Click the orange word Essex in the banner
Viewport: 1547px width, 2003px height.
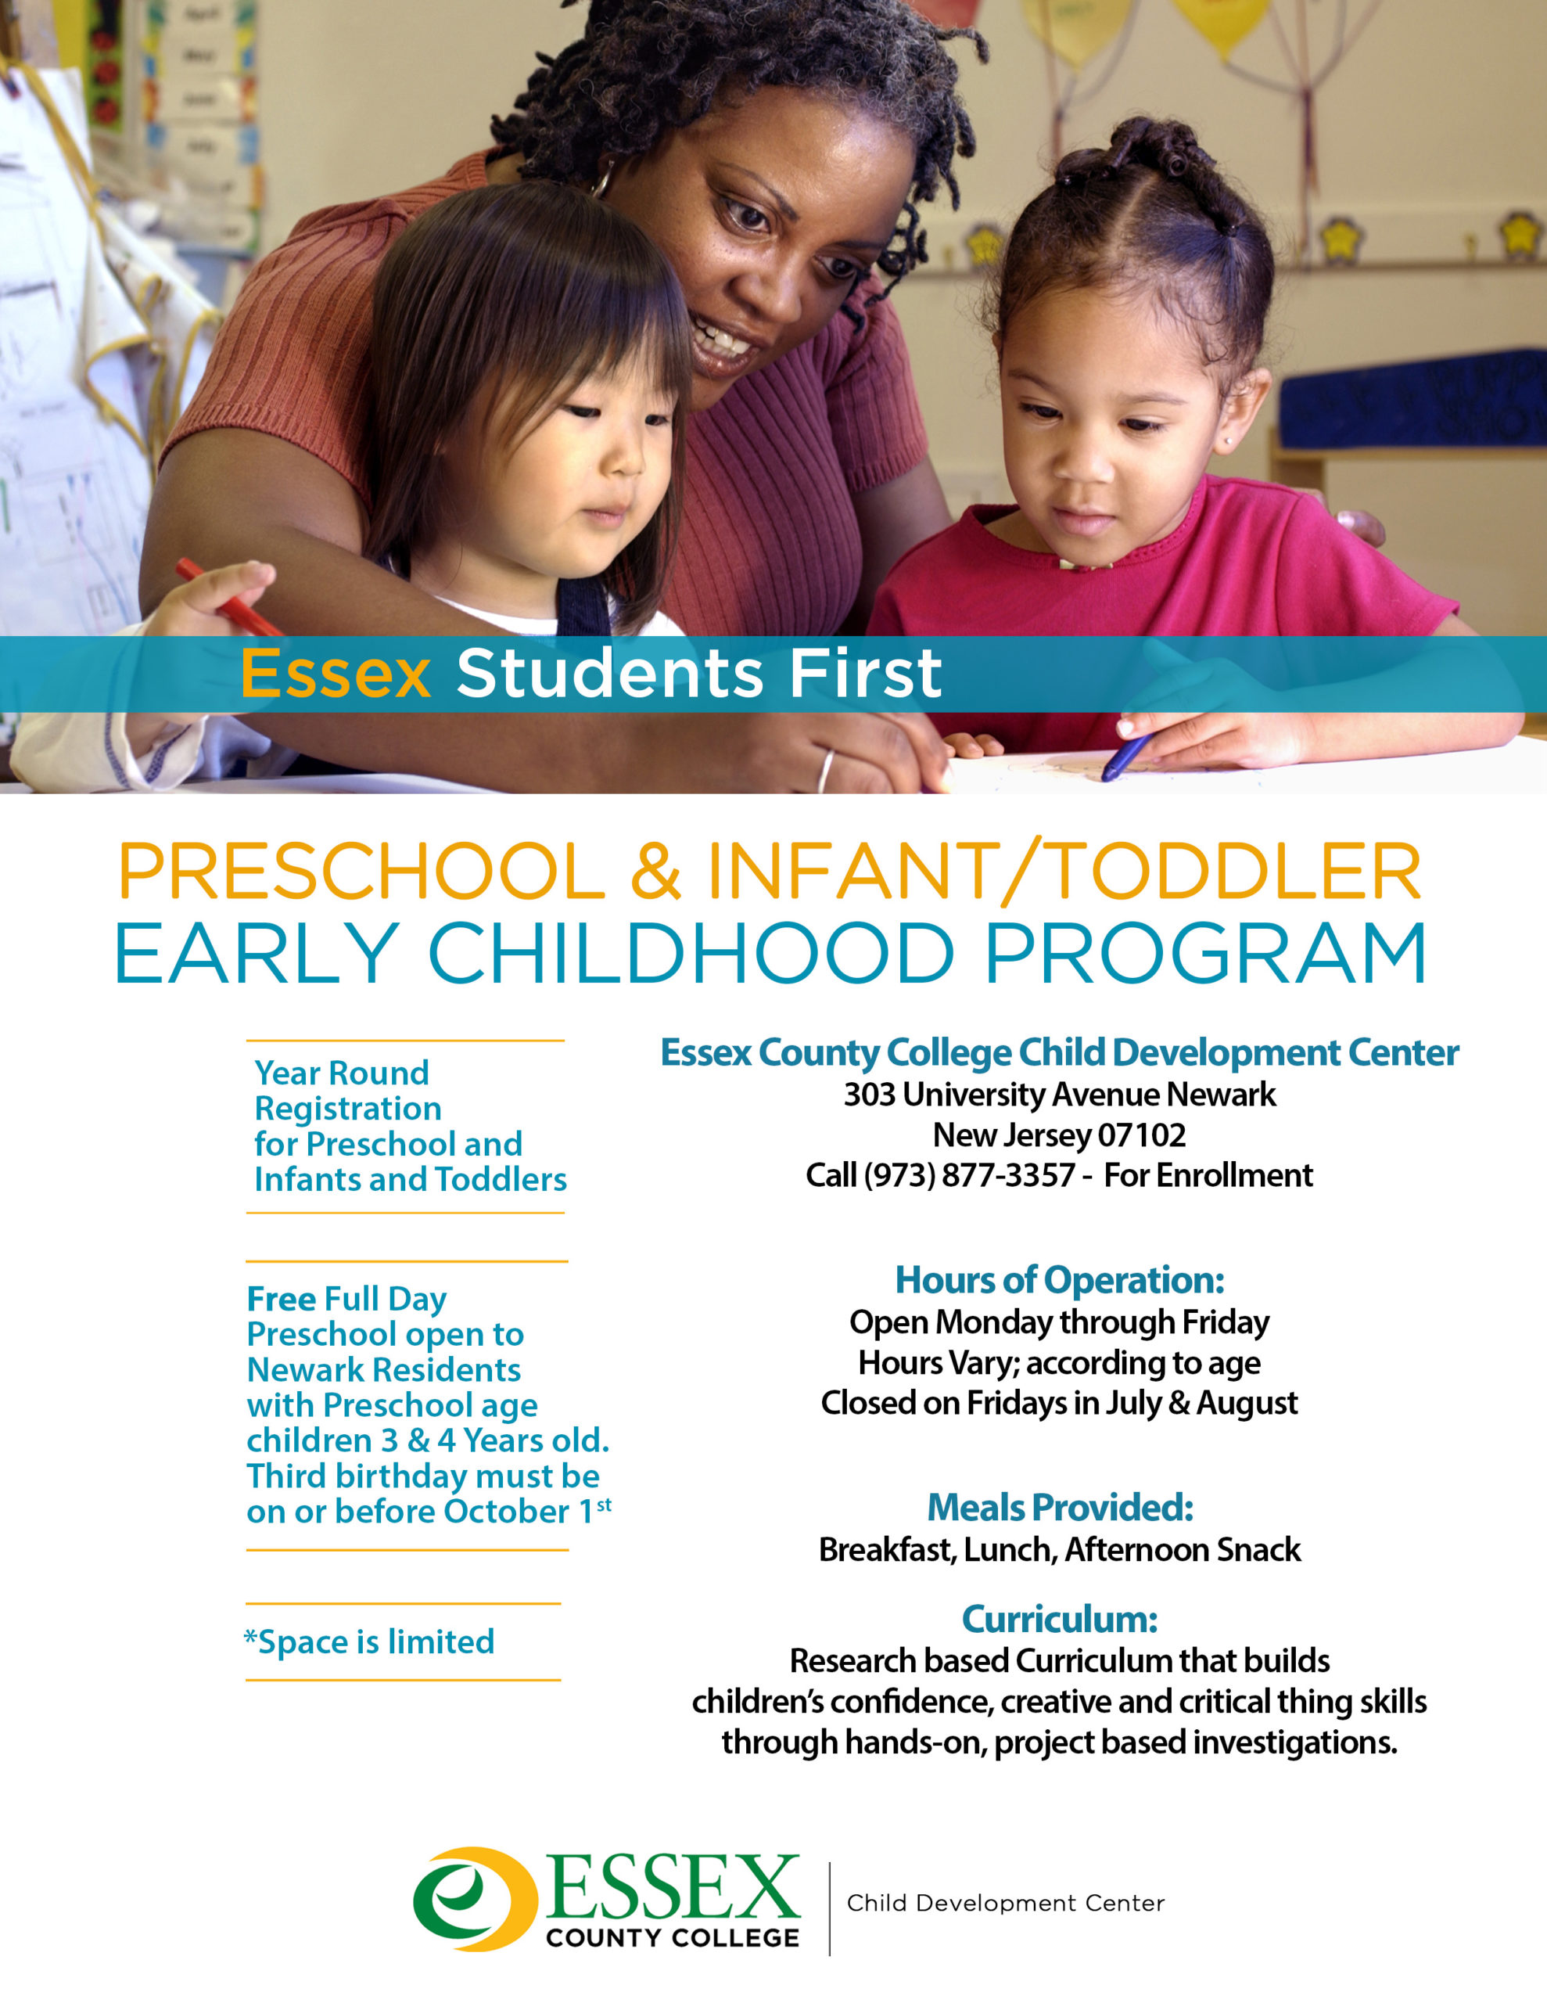tap(335, 674)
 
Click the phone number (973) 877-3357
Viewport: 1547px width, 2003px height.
tap(968, 1175)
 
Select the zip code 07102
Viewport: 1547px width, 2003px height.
tap(1141, 1135)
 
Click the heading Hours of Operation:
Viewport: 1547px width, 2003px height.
tap(1059, 1279)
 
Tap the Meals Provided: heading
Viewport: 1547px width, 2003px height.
tap(1059, 1507)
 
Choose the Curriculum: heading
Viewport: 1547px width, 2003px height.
tap(1059, 1619)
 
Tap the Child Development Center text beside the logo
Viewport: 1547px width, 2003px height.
tap(1005, 1903)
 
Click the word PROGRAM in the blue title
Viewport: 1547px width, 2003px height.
tap(1205, 954)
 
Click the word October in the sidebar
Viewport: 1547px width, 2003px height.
tap(506, 1512)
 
